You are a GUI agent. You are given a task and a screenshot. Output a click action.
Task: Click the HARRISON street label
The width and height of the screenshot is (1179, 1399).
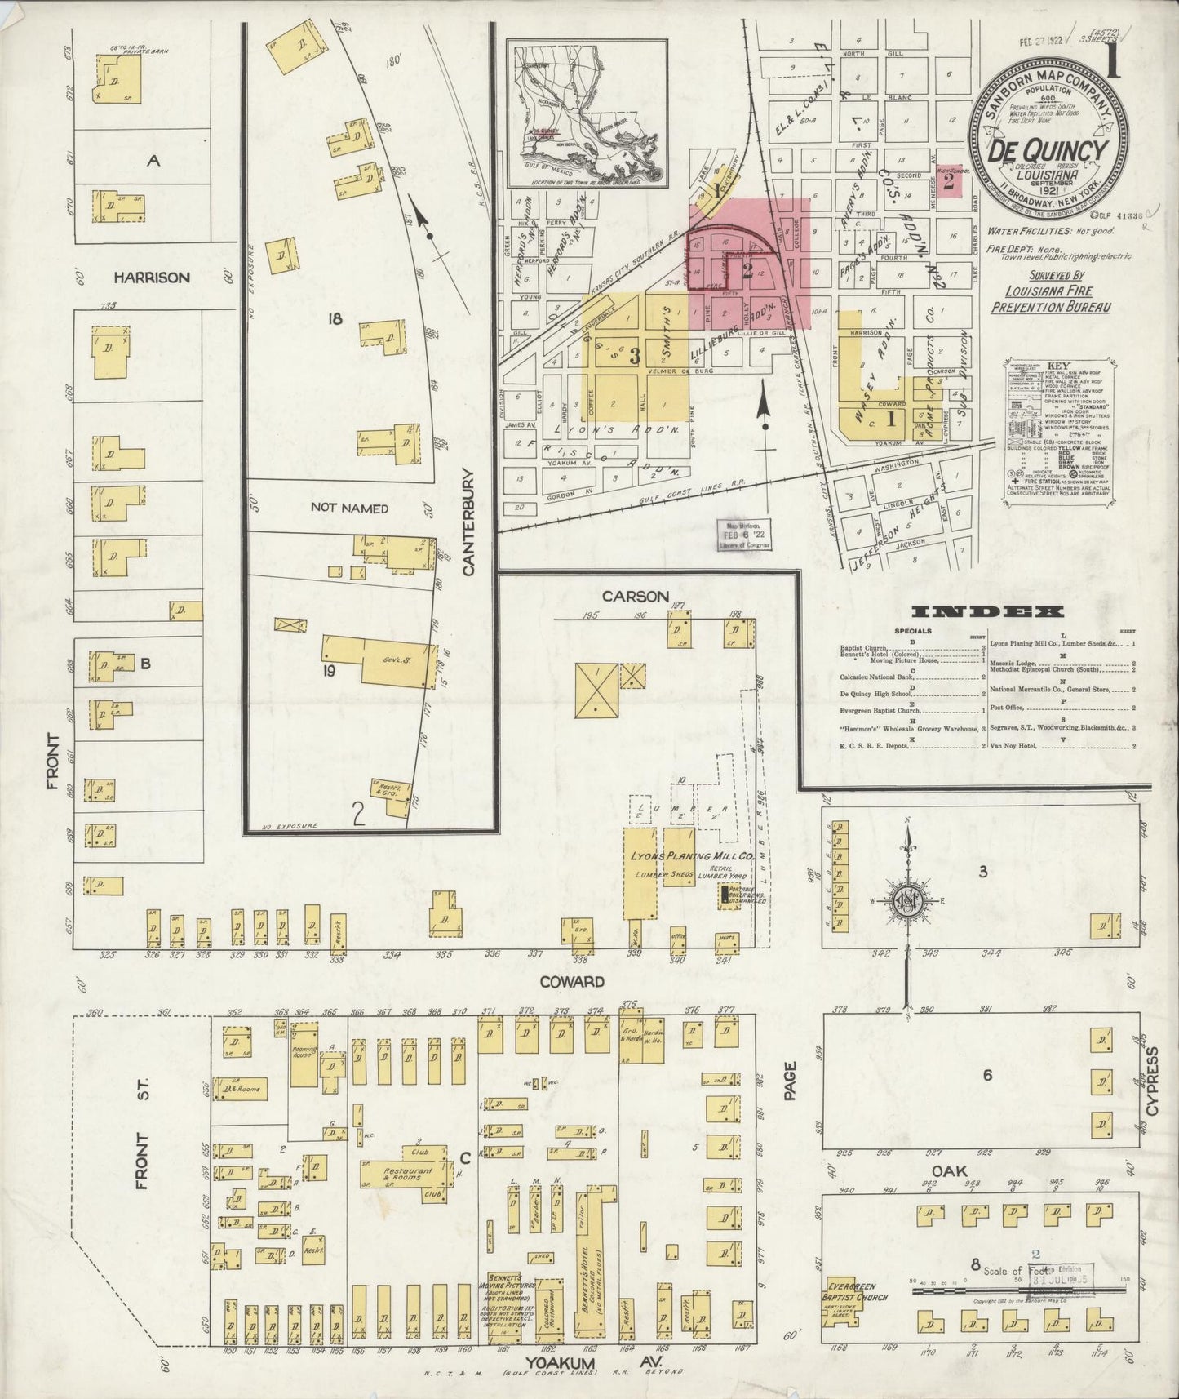152,278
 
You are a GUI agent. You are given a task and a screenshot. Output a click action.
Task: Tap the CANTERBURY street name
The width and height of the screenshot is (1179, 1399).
468,522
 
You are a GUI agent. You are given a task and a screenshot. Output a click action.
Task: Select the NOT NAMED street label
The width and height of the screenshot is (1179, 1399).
349,509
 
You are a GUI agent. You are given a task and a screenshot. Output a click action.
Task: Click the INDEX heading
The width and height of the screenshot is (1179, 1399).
987,611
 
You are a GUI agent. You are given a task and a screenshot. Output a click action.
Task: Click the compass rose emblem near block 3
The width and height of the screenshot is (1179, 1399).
908,902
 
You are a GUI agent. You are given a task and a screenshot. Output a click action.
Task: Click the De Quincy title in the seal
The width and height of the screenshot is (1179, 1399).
1048,151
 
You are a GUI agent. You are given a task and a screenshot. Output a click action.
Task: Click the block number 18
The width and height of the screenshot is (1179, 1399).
334,319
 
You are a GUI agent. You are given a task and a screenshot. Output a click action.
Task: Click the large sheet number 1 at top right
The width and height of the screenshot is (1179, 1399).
1112,62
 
